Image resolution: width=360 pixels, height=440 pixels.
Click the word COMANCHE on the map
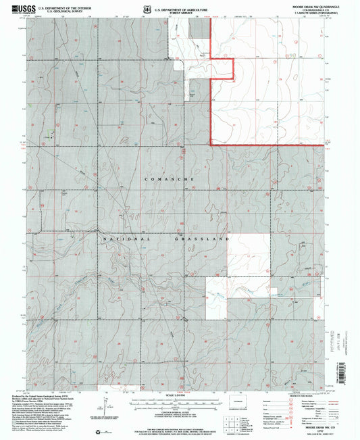click(169, 178)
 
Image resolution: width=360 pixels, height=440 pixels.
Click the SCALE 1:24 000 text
click(179, 395)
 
